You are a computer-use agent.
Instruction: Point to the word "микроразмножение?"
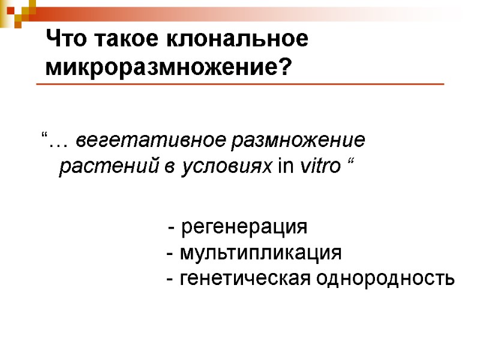pyautogui.click(x=169, y=67)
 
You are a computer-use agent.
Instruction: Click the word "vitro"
pyautogui.click(x=319, y=167)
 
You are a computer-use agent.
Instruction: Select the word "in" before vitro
pyautogui.click(x=287, y=167)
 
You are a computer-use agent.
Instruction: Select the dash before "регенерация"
pyautogui.click(x=172, y=229)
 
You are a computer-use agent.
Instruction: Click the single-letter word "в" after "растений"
pyautogui.click(x=170, y=167)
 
